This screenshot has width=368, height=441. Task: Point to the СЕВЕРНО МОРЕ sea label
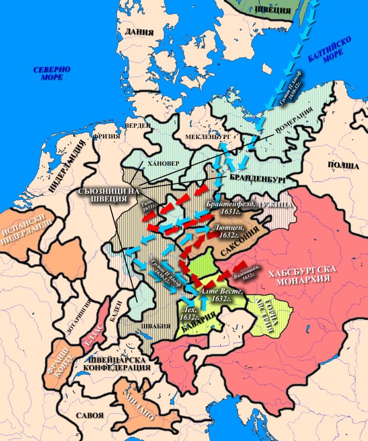[x=51, y=73]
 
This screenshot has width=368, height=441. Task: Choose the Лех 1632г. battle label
[x=187, y=313]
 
